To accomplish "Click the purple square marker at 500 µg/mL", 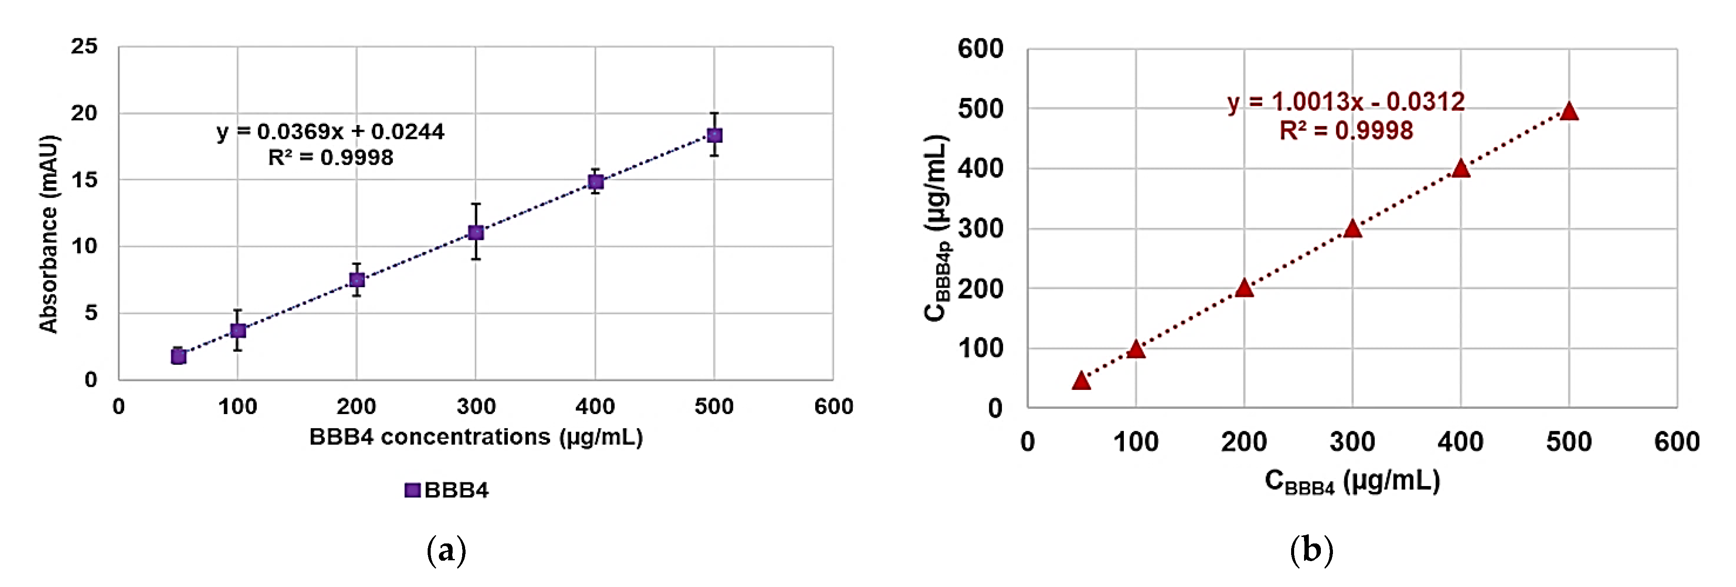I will (714, 135).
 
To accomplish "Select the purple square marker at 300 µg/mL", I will (476, 232).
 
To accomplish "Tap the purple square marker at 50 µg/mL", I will (178, 356).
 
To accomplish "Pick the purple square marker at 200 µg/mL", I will (357, 279).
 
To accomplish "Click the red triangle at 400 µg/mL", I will (1461, 169).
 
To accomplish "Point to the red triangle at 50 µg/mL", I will (1081, 381).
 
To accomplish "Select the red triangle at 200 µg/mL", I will (1244, 289).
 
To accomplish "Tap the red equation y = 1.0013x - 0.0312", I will (1346, 102).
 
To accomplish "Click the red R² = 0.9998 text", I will (1346, 131).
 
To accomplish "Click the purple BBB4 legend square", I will (412, 490).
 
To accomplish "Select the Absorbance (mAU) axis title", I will (49, 234).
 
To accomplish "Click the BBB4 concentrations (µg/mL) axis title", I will (476, 437).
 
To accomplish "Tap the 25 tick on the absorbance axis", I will (84, 47).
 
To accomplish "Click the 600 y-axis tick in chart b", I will (981, 49).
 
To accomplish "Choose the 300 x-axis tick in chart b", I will (1352, 442).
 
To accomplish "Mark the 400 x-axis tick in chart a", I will (595, 406).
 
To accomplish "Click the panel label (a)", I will (446, 551).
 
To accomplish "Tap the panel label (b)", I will (1311, 551).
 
